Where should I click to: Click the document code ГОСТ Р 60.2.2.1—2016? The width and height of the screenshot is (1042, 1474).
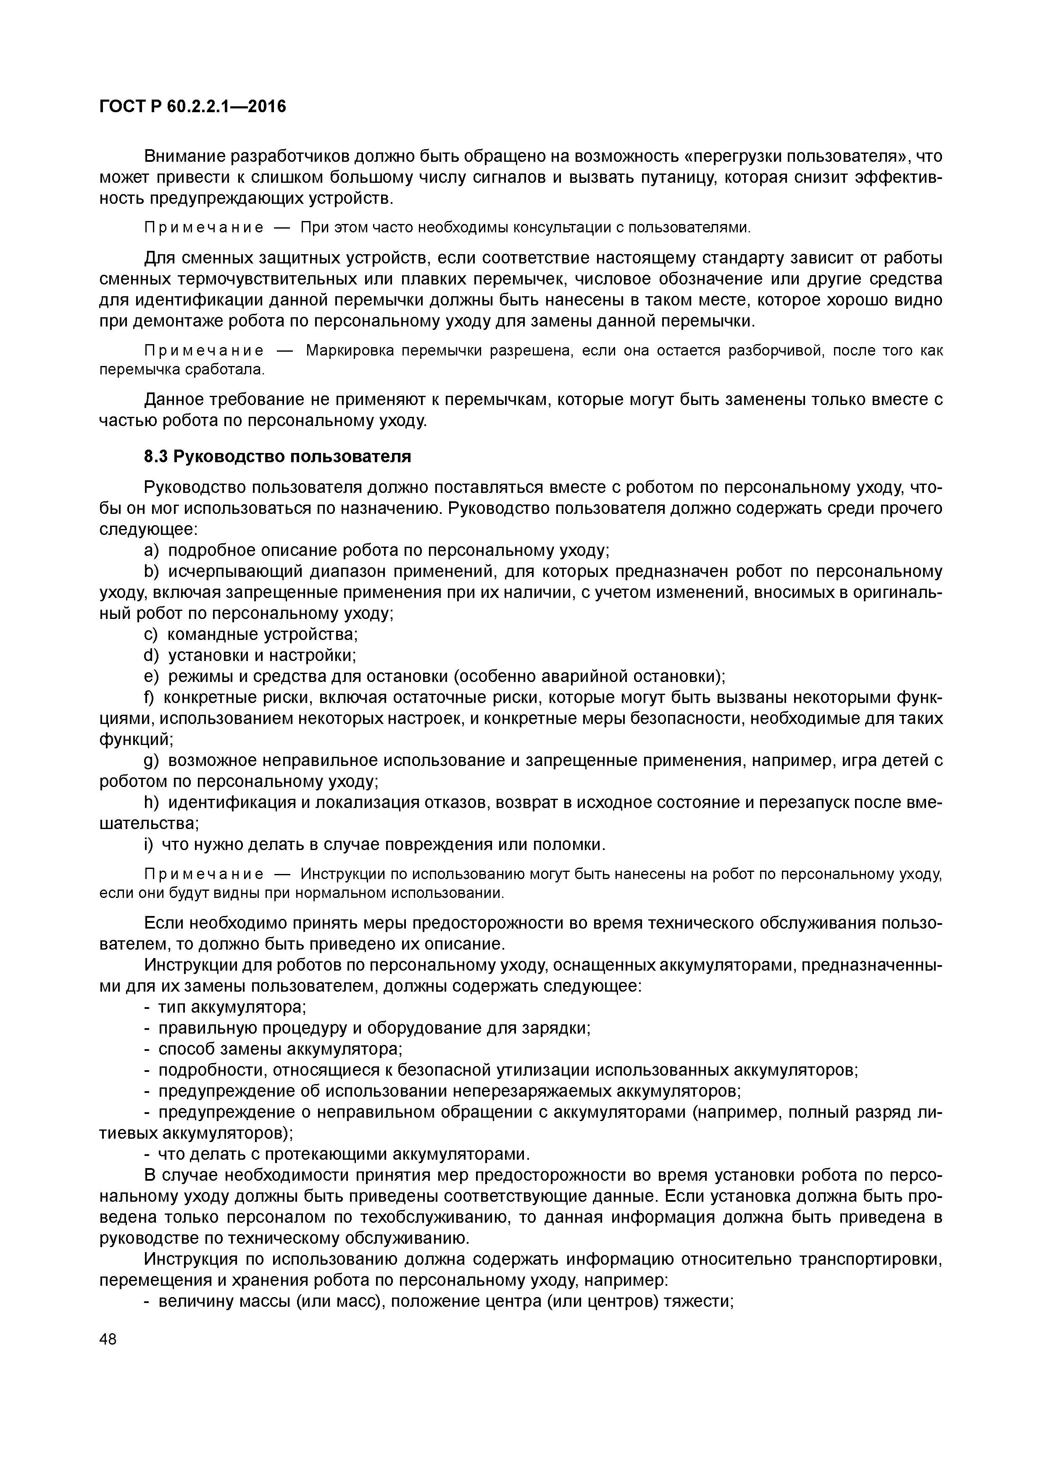[192, 106]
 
